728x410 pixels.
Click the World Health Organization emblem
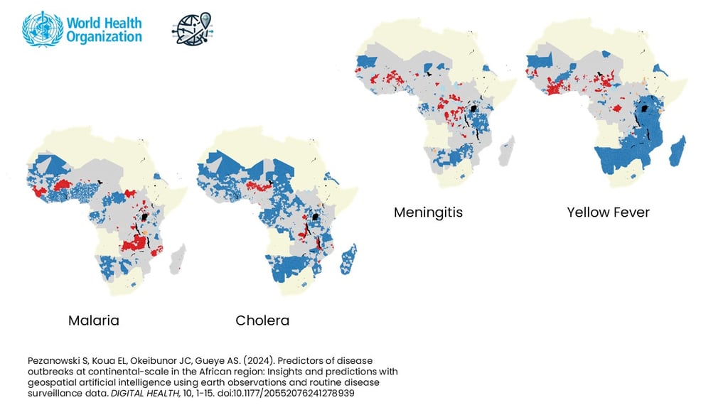42,29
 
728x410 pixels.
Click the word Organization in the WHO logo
104,36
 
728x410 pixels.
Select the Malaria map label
93,320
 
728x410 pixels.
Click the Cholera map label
262,320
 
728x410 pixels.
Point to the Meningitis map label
428,212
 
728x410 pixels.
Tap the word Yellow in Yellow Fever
588,212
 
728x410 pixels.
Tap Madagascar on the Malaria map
178,260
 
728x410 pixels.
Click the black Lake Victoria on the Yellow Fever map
646,108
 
